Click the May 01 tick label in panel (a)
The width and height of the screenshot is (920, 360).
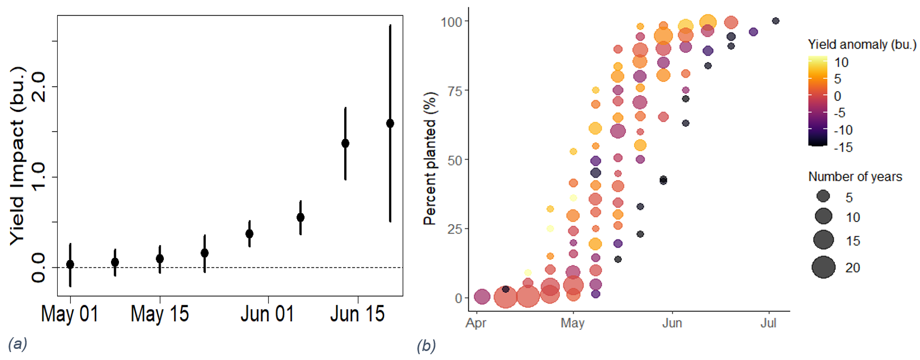(70, 314)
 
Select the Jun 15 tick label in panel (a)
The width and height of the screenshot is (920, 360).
(357, 314)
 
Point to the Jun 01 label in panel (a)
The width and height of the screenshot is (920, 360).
(268, 314)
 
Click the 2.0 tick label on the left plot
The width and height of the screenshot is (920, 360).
(38, 87)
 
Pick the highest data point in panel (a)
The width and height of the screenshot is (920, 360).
(390, 124)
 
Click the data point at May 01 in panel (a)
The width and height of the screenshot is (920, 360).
(70, 264)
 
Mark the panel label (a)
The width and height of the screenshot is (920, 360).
(17, 344)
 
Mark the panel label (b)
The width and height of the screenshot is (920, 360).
(426, 346)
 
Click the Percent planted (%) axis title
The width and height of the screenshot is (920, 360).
(430, 159)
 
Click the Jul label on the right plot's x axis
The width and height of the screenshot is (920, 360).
(768, 323)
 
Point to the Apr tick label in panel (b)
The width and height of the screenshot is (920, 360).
(476, 323)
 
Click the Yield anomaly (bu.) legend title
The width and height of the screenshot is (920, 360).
(862, 44)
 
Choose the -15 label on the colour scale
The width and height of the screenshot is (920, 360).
(843, 147)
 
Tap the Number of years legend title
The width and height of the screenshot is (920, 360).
(855, 177)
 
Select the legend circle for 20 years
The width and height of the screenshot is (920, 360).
(823, 267)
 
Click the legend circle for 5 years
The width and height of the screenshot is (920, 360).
(823, 197)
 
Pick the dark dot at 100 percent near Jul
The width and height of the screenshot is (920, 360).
(776, 21)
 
